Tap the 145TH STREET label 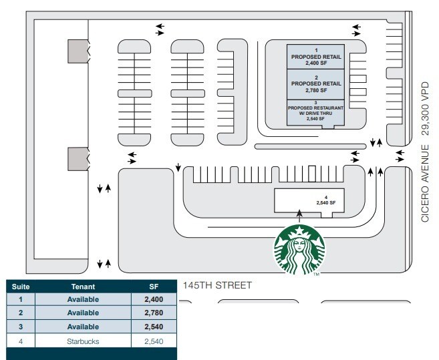click(x=217, y=285)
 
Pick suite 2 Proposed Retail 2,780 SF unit click(x=316, y=84)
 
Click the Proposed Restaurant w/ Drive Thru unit click(x=316, y=112)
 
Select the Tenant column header click(x=83, y=286)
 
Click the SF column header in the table click(x=154, y=286)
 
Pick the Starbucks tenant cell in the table click(x=83, y=341)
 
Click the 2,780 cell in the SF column click(x=154, y=313)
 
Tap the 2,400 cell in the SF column click(x=154, y=299)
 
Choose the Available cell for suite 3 click(x=83, y=327)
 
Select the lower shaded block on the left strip click(x=79, y=159)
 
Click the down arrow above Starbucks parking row click(x=178, y=166)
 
